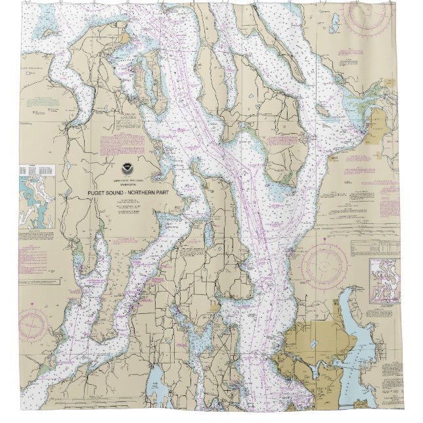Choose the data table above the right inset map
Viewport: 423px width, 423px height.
pyautogui.click(x=372, y=247)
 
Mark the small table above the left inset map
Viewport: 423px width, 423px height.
pyautogui.click(x=33, y=169)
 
